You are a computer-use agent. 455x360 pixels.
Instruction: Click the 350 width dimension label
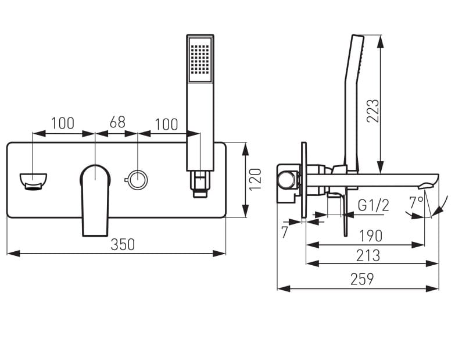(x=123, y=245)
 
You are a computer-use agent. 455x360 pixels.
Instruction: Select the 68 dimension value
(x=117, y=122)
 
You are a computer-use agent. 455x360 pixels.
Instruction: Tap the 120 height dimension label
(x=255, y=179)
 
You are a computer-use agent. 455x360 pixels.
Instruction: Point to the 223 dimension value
(x=373, y=111)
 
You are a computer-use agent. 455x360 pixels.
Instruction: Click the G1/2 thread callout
(x=373, y=205)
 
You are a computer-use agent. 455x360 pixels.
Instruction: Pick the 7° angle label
(x=417, y=202)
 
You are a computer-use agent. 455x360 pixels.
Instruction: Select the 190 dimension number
(x=371, y=236)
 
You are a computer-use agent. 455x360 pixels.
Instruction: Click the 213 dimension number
(x=368, y=255)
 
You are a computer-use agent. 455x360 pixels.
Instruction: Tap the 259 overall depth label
(x=362, y=279)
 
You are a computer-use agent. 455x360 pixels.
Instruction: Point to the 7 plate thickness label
(x=284, y=232)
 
